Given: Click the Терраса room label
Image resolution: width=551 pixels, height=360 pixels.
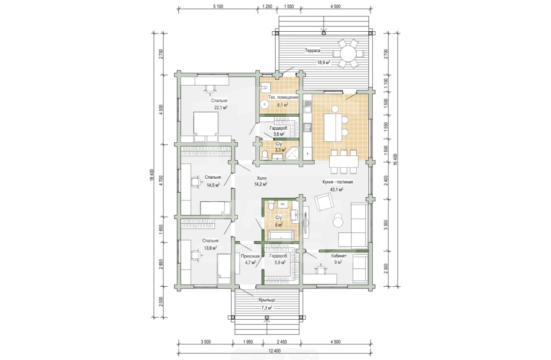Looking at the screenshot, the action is [x=312, y=51].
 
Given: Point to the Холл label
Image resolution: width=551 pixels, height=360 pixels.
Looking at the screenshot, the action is [x=262, y=178].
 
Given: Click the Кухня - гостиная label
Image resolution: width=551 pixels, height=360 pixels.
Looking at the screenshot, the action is [x=338, y=182].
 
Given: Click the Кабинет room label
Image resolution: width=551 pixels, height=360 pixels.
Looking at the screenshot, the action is [x=339, y=256].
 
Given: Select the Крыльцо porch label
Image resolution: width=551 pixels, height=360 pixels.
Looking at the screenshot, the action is [x=267, y=300].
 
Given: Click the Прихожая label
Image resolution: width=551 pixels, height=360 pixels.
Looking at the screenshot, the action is [x=250, y=256].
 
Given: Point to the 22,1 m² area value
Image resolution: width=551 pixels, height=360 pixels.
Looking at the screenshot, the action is [x=221, y=107].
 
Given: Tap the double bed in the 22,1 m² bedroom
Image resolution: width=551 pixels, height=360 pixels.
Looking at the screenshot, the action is [x=206, y=127].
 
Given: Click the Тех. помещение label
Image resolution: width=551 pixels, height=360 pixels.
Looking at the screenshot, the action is [x=283, y=98].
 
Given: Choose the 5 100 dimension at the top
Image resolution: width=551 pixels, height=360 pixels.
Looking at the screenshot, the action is [x=218, y=7].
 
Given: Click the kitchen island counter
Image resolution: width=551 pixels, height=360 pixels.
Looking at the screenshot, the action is [x=333, y=128].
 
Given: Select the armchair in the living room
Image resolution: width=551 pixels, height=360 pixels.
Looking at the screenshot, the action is [x=324, y=202].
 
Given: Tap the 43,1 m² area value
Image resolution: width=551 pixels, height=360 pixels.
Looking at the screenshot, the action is [x=337, y=190].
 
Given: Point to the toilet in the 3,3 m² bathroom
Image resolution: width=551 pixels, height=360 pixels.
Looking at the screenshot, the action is [x=265, y=156].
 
